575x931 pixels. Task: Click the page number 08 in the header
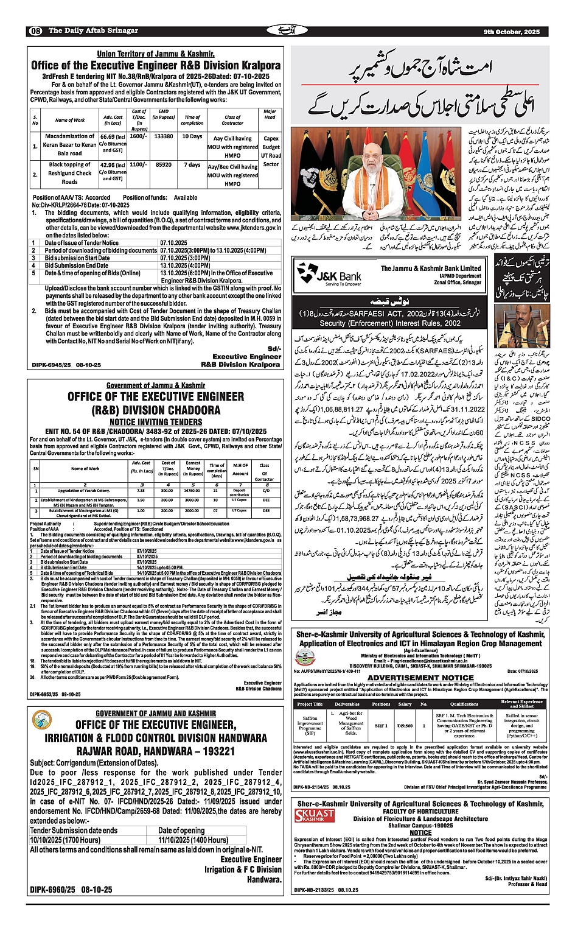coord(35,31)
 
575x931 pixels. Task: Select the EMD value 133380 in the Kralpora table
coord(164,136)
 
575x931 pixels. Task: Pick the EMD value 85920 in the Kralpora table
coord(164,164)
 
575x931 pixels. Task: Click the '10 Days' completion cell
coord(192,136)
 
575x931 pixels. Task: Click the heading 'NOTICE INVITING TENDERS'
coord(155,422)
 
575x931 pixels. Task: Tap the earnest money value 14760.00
coord(193,490)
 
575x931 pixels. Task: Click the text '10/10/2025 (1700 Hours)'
coord(65,840)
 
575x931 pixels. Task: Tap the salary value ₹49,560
coord(405,725)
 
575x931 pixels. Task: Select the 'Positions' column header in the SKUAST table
coord(381,704)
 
